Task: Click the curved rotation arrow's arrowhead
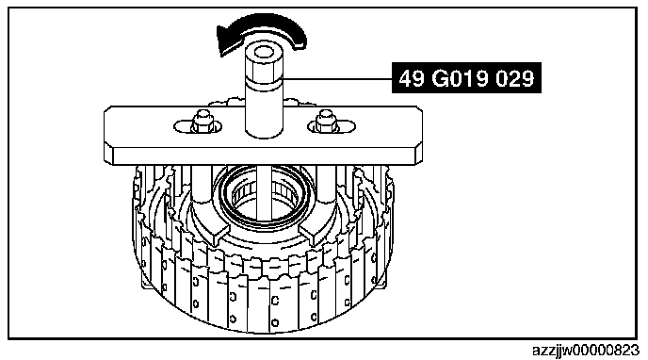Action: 226,41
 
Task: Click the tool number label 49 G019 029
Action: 466,77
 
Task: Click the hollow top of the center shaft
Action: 263,53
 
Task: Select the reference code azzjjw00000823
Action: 586,351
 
